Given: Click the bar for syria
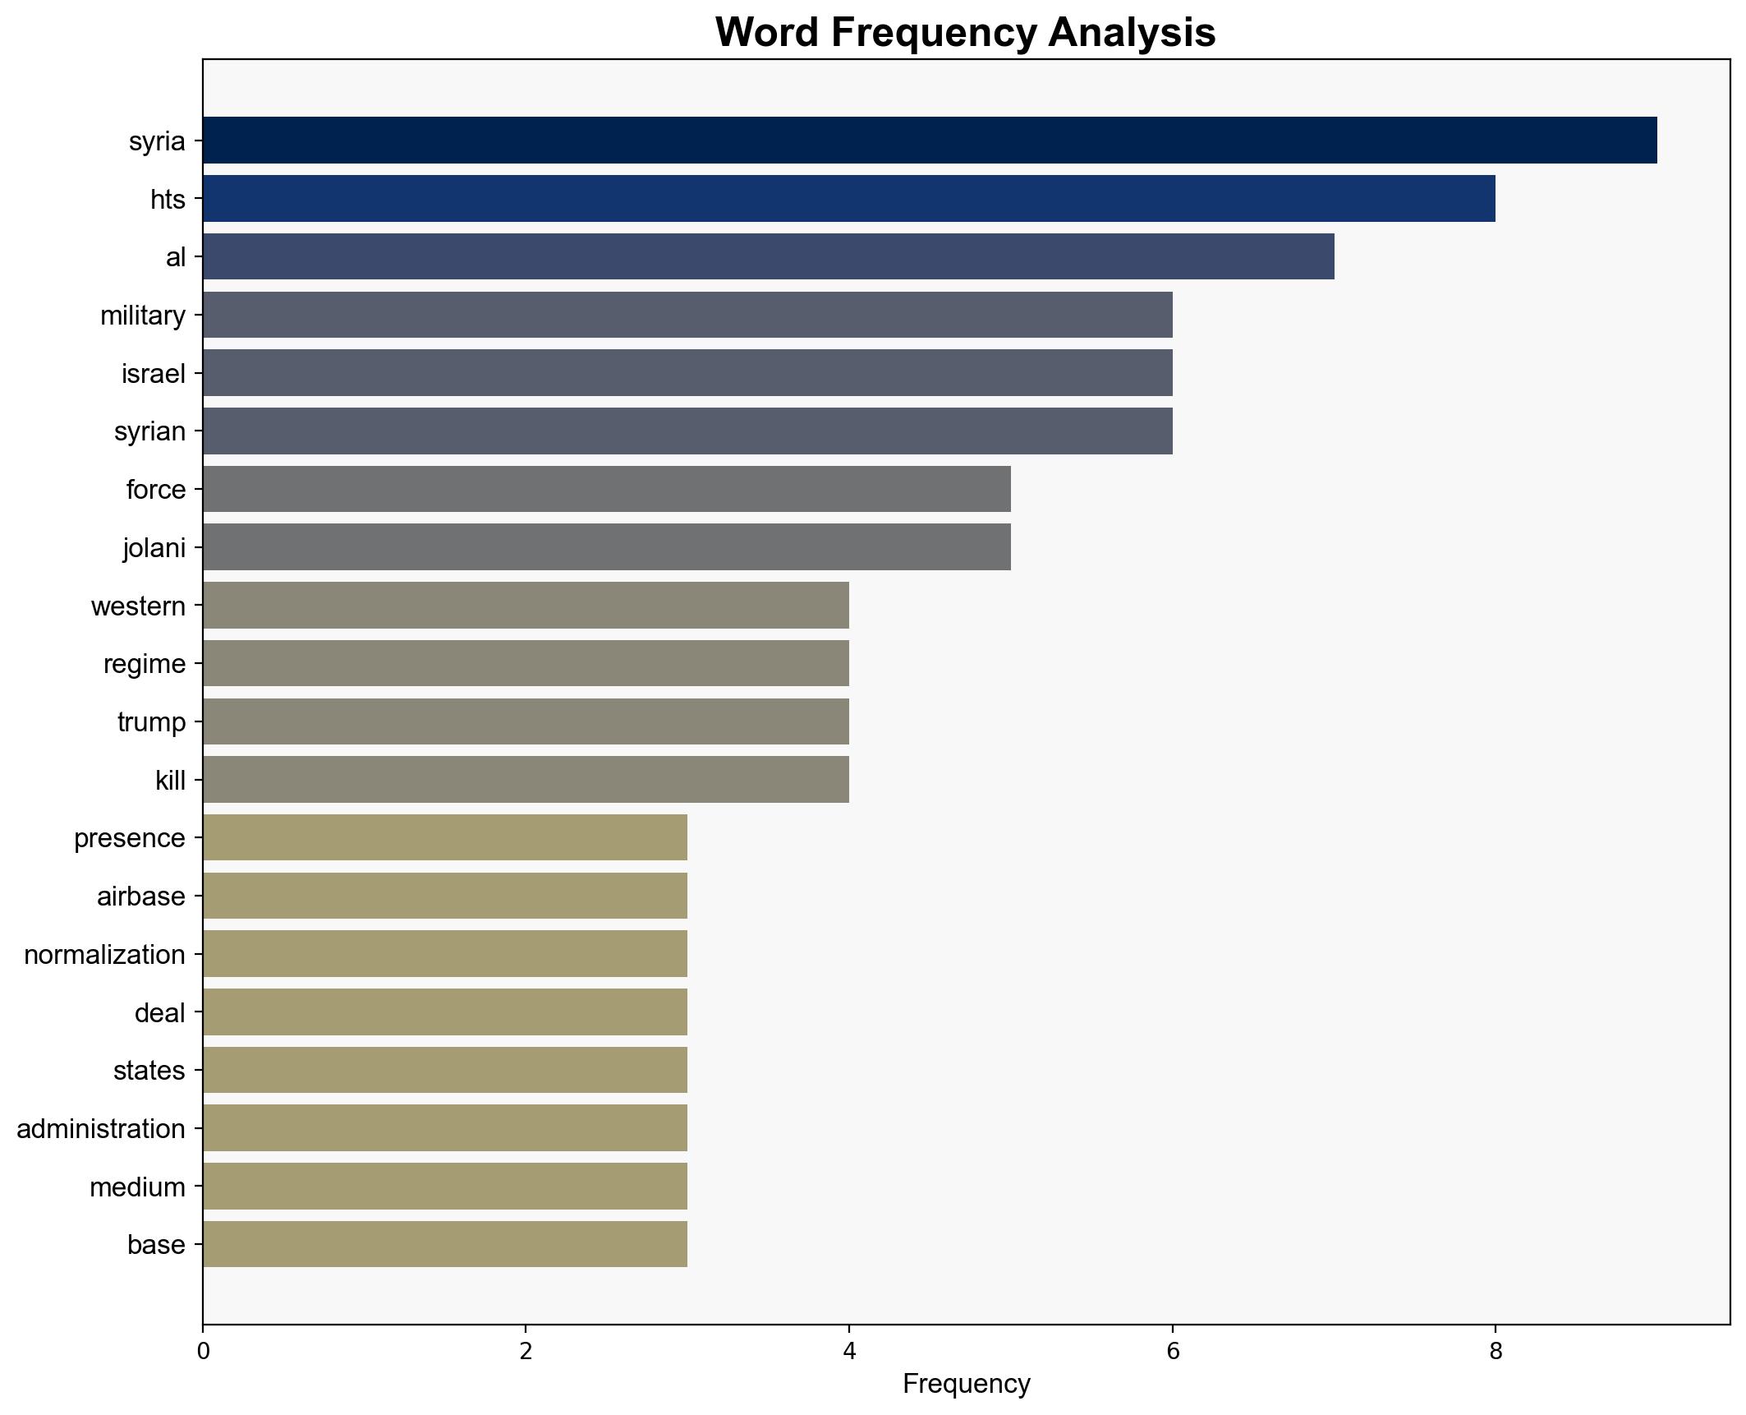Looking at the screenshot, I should click(929, 141).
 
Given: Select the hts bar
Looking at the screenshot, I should click(848, 199).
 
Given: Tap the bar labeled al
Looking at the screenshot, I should click(768, 256).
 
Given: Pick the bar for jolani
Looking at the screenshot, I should click(606, 547).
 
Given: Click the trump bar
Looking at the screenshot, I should click(526, 721).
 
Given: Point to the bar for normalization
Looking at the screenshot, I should click(444, 954).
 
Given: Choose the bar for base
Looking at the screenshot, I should click(444, 1244).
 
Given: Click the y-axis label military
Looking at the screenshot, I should click(143, 316).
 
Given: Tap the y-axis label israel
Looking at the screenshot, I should click(154, 374).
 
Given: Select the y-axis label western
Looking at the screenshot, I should click(138, 606).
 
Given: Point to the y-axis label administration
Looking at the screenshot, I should click(101, 1129).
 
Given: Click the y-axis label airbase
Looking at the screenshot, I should click(141, 896).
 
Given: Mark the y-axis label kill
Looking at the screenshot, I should click(170, 781).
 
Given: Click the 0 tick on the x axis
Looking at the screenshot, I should click(203, 1351).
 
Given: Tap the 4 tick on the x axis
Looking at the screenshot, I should click(849, 1351).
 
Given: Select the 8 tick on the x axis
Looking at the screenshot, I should click(1496, 1351).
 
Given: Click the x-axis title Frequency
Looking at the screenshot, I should click(966, 1384).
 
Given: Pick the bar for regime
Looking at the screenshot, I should click(526, 663).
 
